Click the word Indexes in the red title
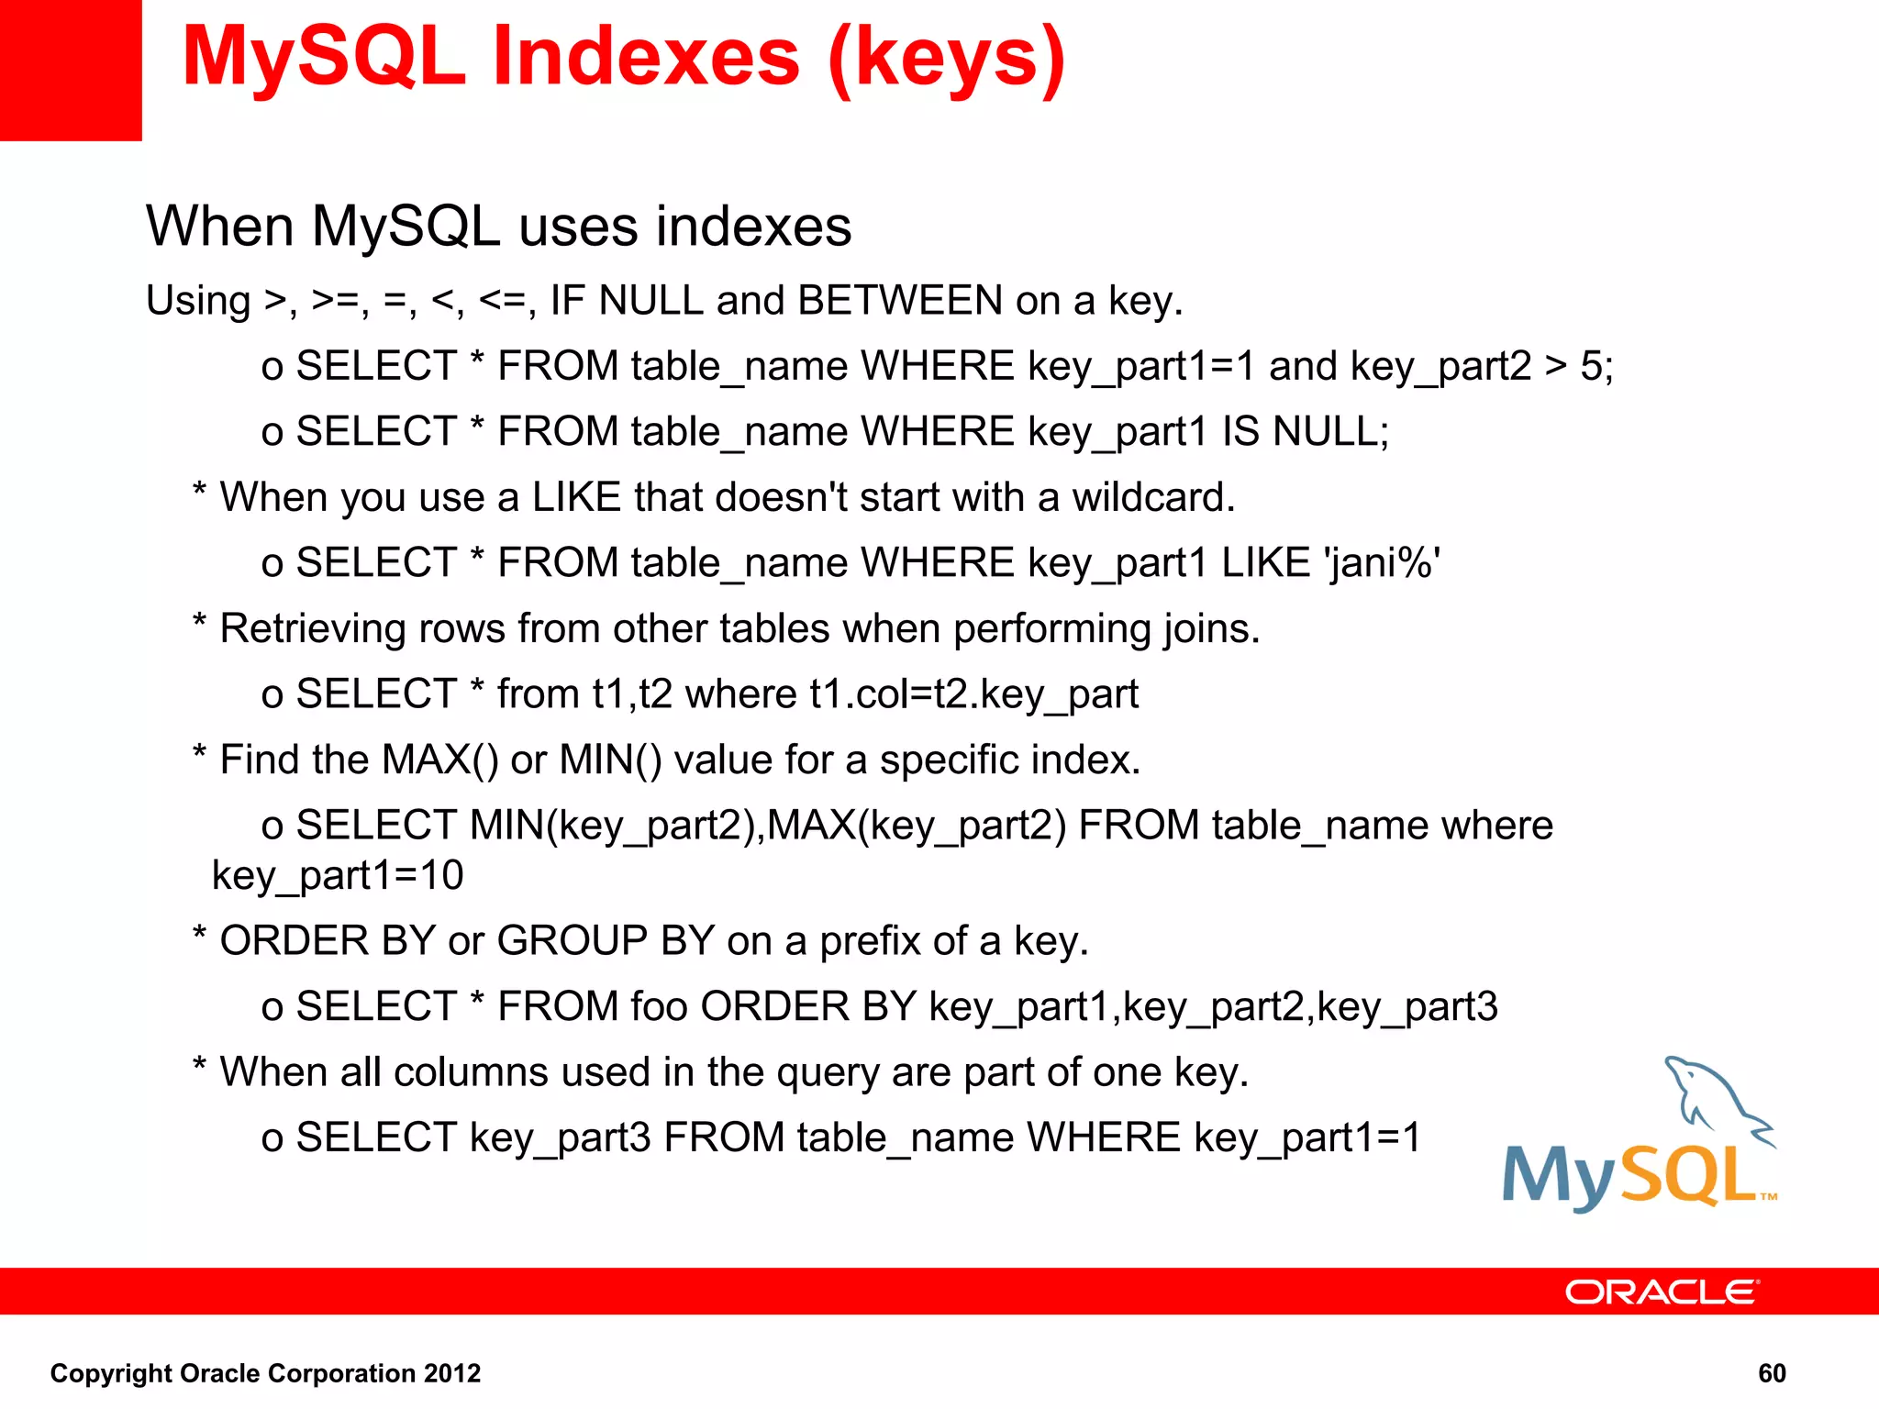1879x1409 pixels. point(646,57)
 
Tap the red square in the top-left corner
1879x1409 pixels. point(71,70)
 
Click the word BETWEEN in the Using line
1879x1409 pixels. point(900,301)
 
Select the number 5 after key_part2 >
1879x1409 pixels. point(1591,367)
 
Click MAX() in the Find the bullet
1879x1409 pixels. point(439,760)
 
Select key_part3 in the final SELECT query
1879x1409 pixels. point(560,1138)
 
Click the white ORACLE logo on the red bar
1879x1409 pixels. point(1662,1293)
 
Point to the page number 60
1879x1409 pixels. point(1772,1373)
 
